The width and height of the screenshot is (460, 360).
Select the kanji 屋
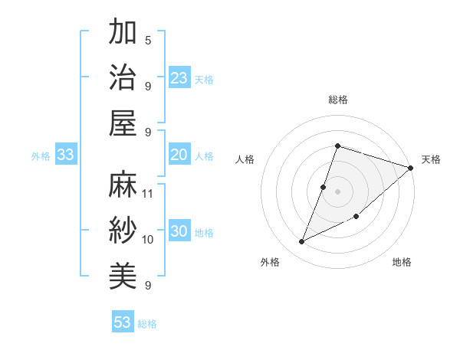123,123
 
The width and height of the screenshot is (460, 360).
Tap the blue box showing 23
179,77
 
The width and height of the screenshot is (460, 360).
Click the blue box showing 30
179,232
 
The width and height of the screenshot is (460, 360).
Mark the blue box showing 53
123,322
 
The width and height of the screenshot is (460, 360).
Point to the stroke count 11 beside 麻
148,193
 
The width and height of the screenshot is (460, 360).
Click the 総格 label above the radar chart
337,100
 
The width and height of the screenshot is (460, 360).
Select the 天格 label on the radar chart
431,159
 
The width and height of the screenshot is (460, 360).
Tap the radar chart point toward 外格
302,242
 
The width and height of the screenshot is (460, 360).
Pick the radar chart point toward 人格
324,187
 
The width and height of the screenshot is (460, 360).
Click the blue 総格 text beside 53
148,324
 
